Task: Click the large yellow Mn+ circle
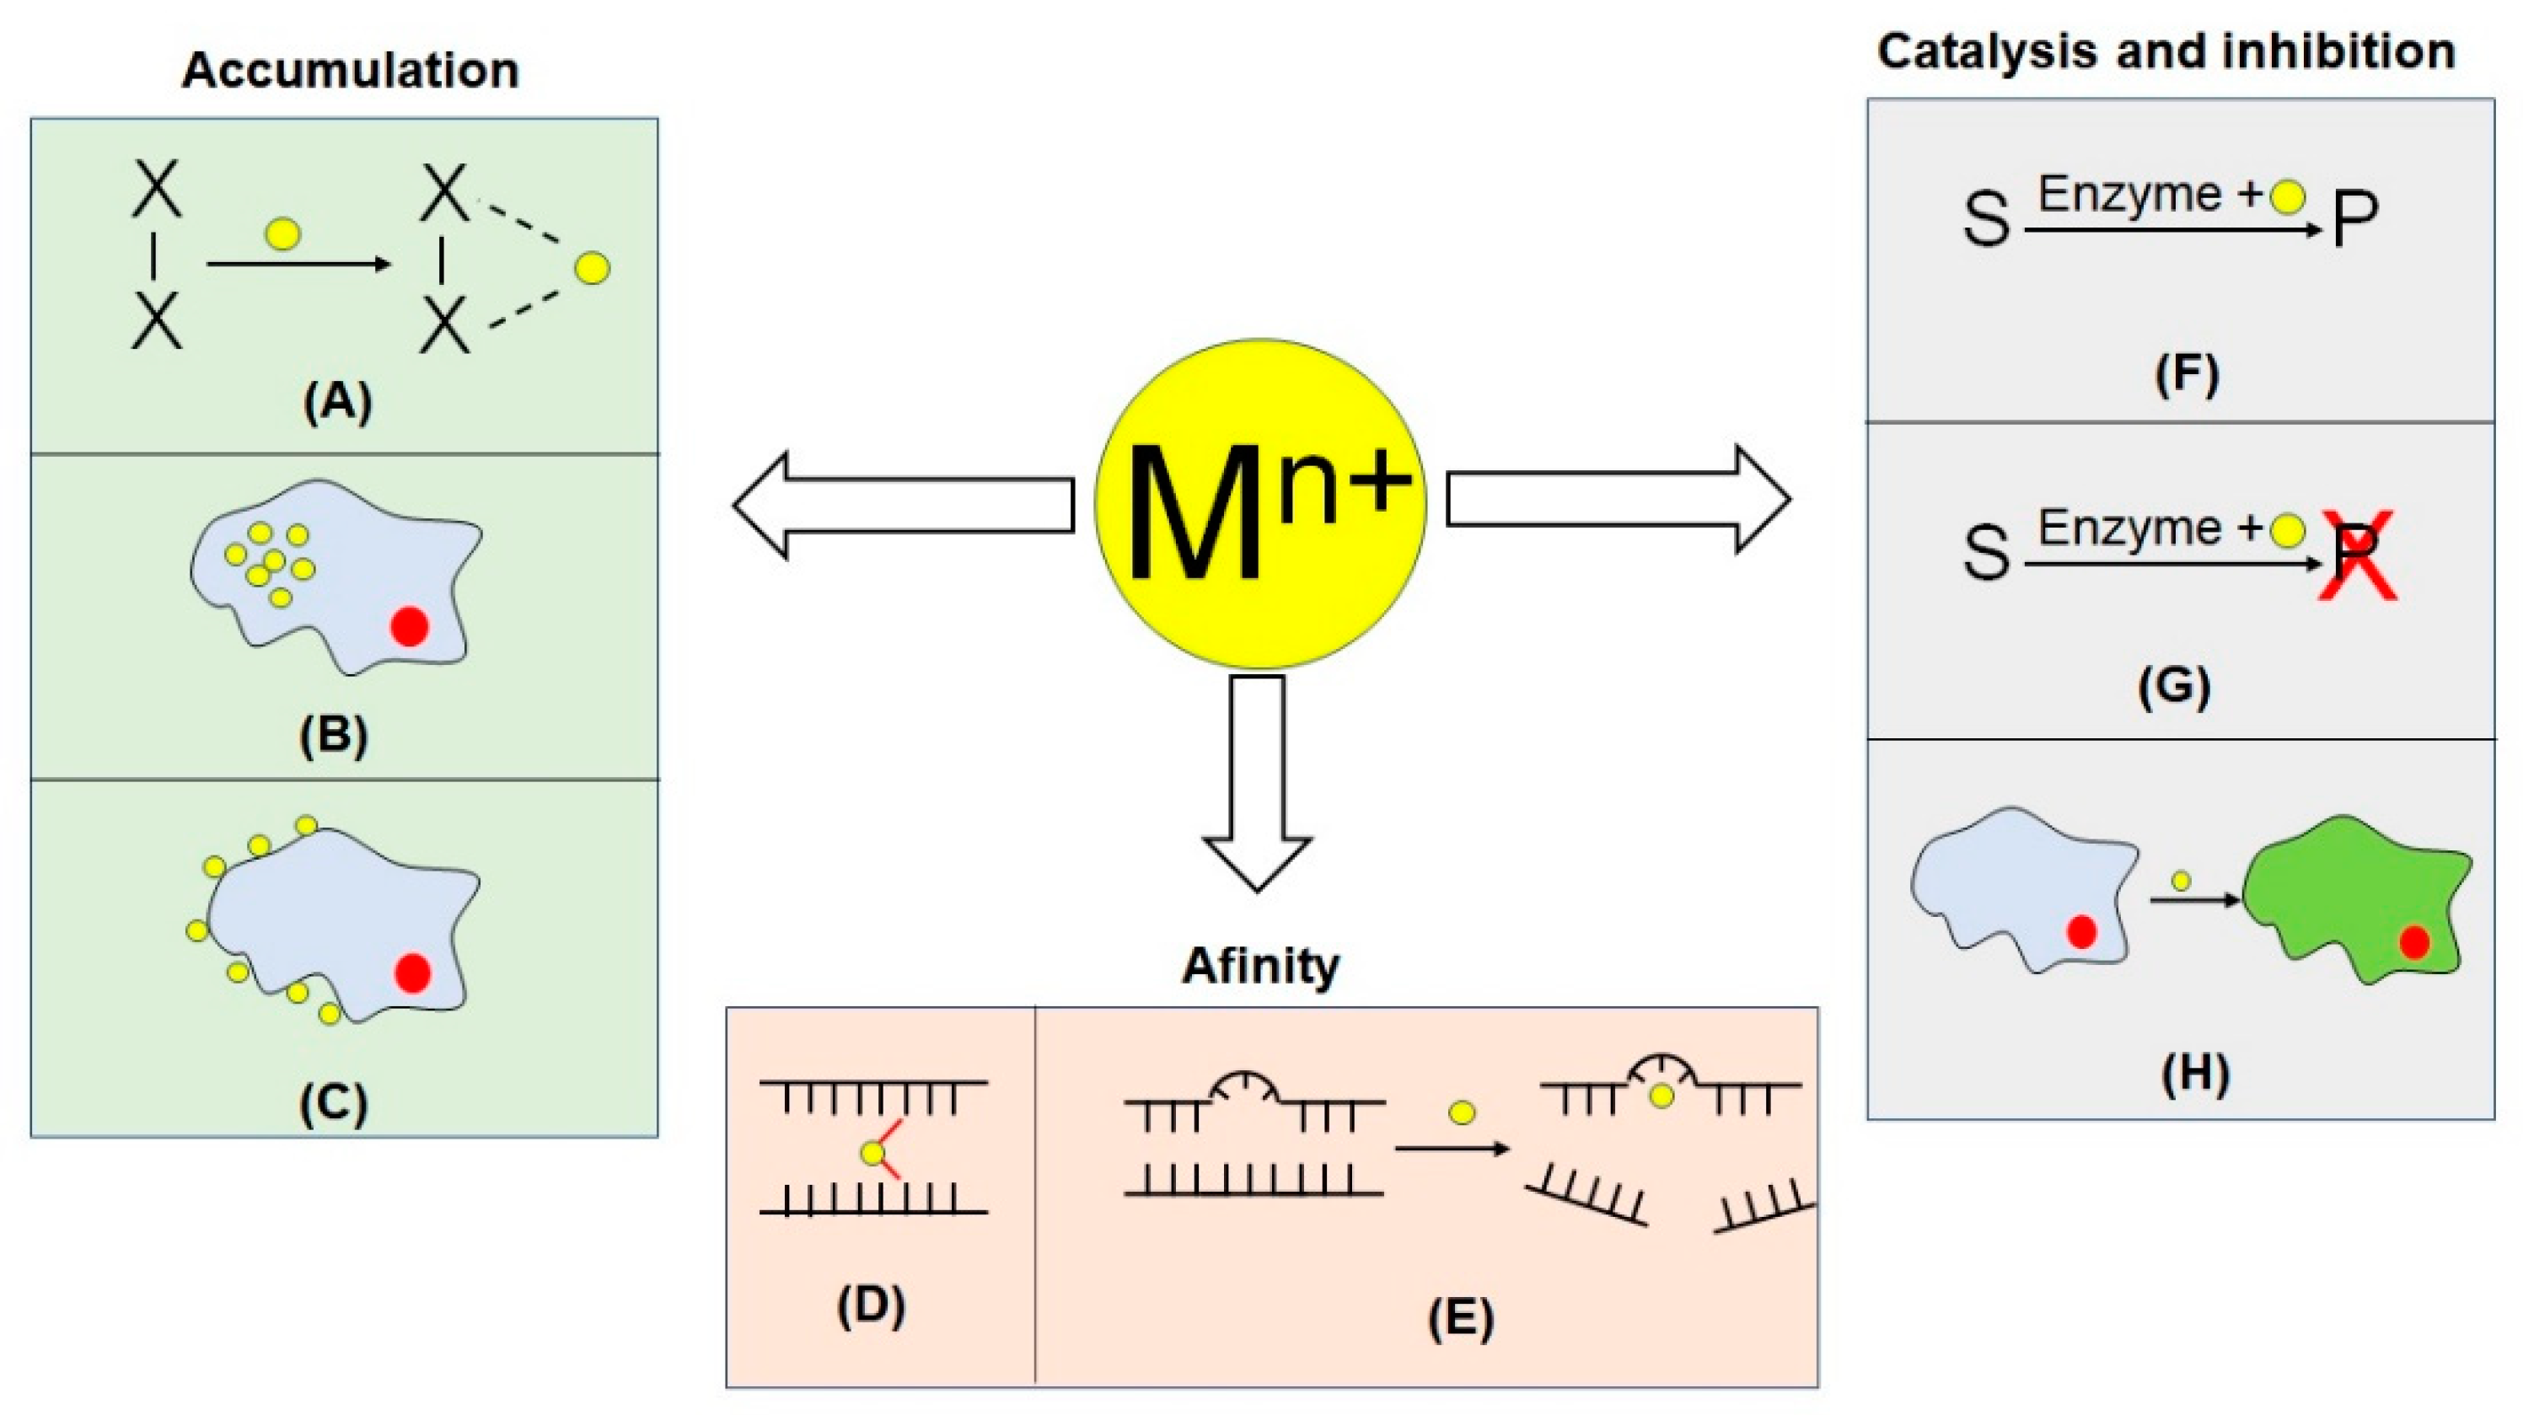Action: (1259, 504)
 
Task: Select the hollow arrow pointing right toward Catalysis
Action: (1616, 500)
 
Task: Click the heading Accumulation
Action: (350, 71)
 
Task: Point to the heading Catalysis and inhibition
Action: (2166, 51)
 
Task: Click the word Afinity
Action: (1259, 966)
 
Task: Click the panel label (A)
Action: (337, 400)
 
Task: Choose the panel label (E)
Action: (1460, 1318)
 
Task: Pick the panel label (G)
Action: (2173, 685)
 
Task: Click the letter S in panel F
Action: (1985, 219)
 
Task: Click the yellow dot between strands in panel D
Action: (872, 1154)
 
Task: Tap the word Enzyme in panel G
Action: (2129, 528)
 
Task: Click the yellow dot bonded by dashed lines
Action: (593, 267)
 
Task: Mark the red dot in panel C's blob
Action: (412, 973)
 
